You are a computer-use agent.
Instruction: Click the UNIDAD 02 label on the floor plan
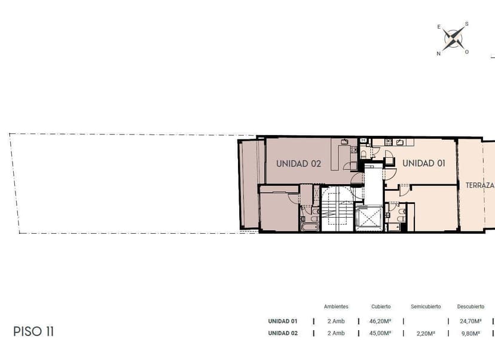298,164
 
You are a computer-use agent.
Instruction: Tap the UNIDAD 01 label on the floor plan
424,163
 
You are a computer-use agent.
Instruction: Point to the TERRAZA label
479,185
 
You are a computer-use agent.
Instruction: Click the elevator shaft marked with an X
368,218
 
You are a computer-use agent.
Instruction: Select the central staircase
337,209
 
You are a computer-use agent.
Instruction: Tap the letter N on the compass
438,54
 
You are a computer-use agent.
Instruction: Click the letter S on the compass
466,24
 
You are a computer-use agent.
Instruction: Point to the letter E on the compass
439,27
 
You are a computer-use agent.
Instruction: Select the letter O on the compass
466,52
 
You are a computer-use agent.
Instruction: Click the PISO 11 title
33,331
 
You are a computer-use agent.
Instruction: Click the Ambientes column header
336,307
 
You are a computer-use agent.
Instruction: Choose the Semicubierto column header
426,307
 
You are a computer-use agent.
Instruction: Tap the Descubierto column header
470,307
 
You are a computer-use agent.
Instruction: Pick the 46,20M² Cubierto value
380,321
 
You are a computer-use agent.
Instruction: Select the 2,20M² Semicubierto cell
426,333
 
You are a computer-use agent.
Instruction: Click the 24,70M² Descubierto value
470,321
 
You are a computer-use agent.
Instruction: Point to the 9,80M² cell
470,333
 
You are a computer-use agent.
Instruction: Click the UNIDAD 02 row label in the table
283,333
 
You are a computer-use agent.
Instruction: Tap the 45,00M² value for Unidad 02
380,333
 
